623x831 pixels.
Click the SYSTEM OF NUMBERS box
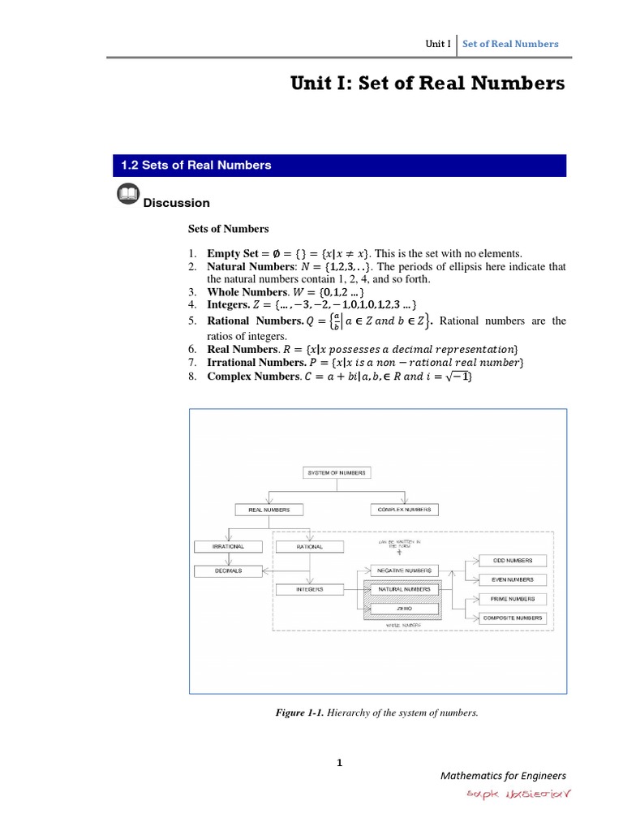(337, 472)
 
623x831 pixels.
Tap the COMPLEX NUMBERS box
(404, 510)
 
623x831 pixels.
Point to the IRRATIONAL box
(228, 547)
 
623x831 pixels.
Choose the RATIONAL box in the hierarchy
(310, 547)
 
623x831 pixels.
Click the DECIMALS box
(228, 571)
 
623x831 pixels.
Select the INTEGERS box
(310, 589)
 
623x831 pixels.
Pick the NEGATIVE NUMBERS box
(404, 571)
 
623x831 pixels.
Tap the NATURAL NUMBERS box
(404, 589)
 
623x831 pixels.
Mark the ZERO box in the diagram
(404, 608)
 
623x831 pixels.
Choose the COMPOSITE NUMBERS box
(512, 618)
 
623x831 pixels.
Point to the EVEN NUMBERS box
(512, 579)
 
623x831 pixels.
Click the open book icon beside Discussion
(127, 196)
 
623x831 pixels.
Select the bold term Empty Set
(233, 253)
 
